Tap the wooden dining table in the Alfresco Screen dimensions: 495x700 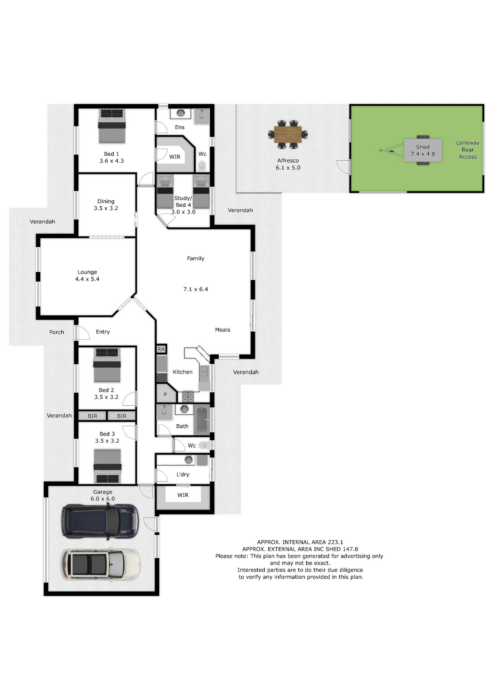[x=288, y=135]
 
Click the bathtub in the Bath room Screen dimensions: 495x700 [x=202, y=420]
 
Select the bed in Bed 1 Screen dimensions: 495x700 [x=112, y=126]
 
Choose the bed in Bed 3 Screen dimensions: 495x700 [x=107, y=466]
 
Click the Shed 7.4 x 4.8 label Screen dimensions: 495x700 [x=423, y=151]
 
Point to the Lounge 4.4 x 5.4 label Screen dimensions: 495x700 [x=87, y=275]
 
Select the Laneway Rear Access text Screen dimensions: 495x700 [x=467, y=150]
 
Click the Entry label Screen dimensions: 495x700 [x=103, y=332]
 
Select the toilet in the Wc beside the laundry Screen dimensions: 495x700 [x=204, y=445]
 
